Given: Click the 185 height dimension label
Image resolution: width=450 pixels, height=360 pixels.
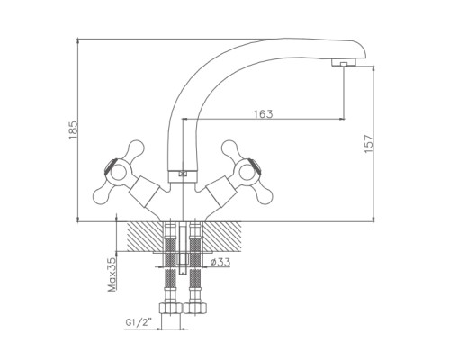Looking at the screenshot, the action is pos(74,130).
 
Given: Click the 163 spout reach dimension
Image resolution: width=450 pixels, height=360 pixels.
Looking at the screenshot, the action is pos(264,114).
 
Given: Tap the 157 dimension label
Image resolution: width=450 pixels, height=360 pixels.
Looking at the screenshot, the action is pos(369,144).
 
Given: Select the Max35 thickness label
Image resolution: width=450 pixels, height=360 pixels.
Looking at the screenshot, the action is pos(112,274).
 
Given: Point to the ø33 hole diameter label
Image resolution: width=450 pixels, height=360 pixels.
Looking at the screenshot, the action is pos(220,262).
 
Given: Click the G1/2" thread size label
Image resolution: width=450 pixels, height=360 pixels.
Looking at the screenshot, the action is pos(139,323).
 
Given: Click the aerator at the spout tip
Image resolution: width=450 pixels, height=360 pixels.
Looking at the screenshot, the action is pos(344,63).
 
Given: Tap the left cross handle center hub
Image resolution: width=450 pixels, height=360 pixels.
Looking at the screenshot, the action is pos(116,172).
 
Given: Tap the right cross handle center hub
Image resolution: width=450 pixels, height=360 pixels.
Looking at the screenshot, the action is pos(247,172).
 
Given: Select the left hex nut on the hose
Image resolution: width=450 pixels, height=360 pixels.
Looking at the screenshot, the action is pos(170,308).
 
